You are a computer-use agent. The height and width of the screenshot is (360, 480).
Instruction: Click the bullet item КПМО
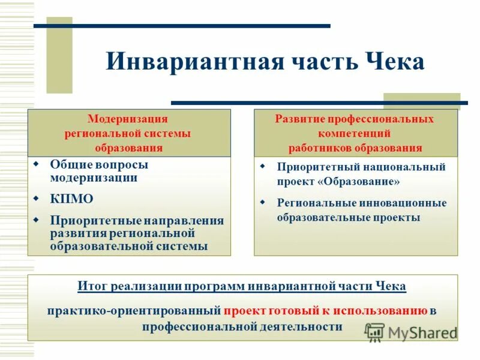pos(71,199)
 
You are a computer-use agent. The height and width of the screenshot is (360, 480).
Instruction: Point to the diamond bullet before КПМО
pos(36,197)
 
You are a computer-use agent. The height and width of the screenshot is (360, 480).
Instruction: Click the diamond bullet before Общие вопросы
pos(36,163)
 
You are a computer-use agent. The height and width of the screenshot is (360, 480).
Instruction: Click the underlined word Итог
pos(92,286)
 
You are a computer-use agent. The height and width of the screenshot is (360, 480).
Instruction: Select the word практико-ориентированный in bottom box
pos(134,311)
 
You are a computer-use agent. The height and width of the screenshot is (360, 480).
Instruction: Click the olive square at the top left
pos(59,55)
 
